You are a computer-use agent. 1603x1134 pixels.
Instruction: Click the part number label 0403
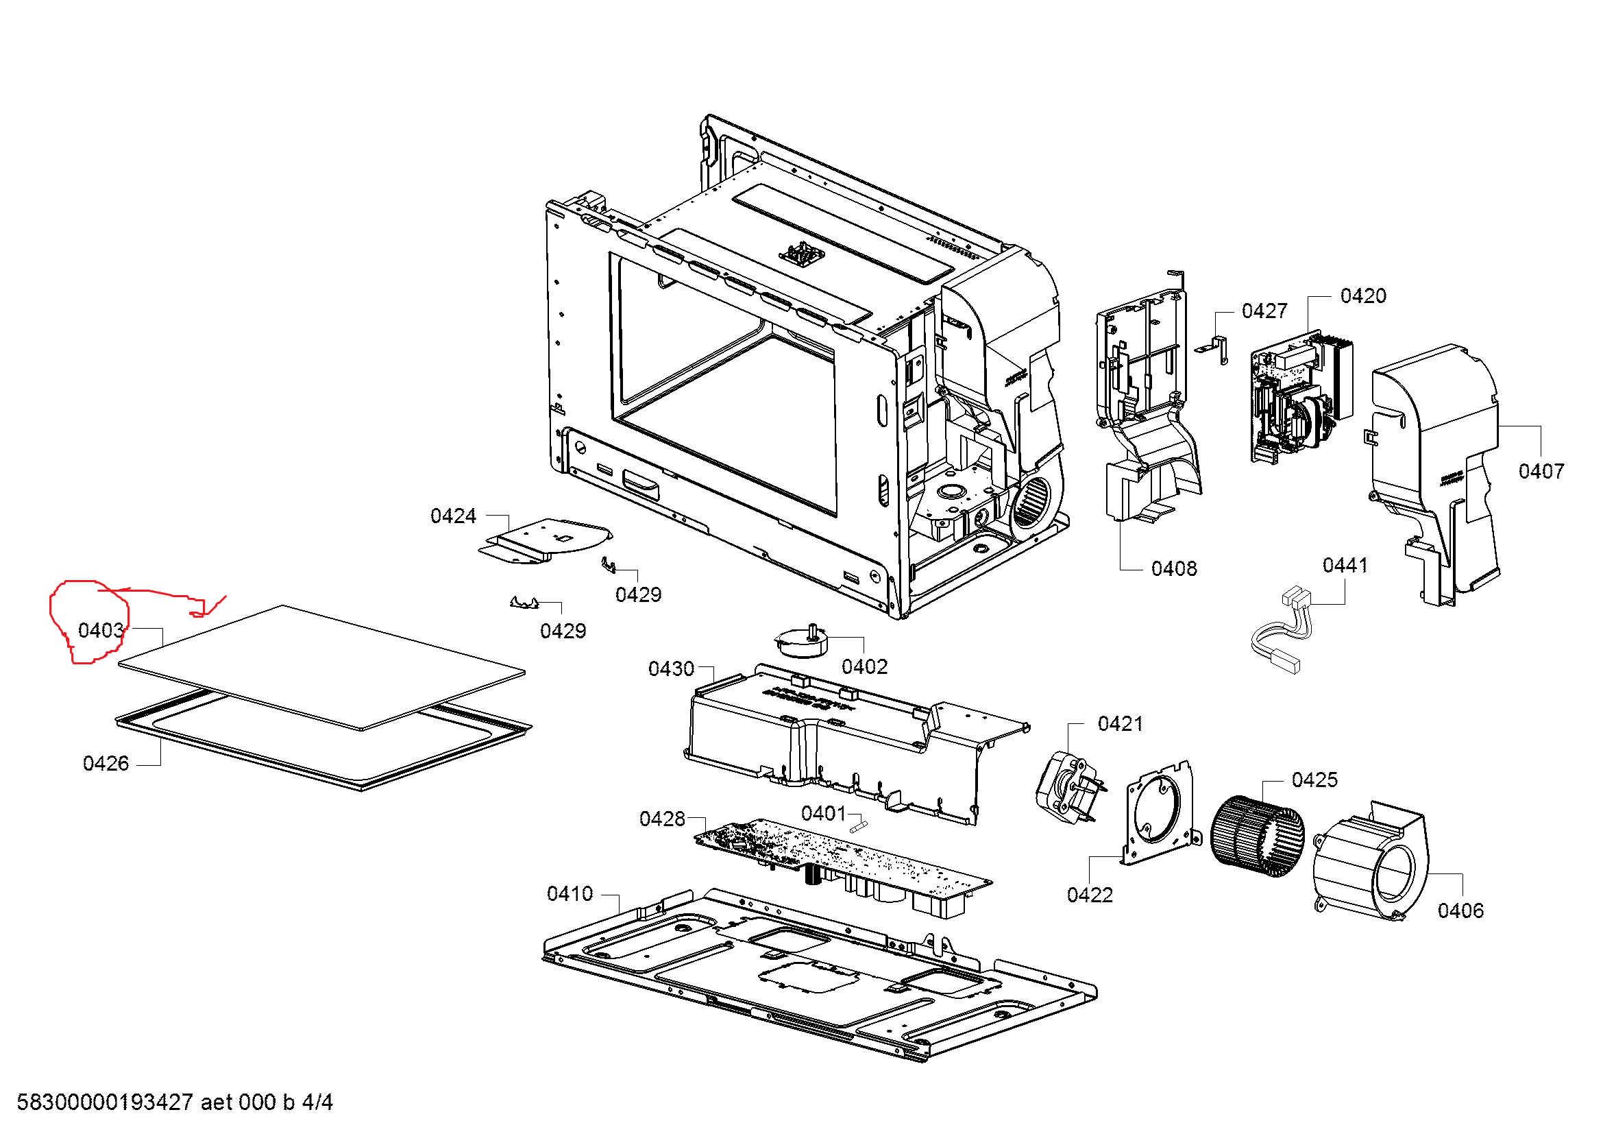pyautogui.click(x=101, y=631)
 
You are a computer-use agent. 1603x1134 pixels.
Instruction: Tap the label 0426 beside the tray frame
pyautogui.click(x=106, y=763)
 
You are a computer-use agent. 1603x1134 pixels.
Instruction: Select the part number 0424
pyautogui.click(x=453, y=516)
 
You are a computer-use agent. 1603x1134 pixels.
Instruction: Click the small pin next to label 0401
pyautogui.click(x=859, y=827)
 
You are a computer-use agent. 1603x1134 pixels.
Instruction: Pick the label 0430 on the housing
pyautogui.click(x=671, y=669)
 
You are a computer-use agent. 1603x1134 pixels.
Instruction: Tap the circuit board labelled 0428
pyautogui.click(x=837, y=859)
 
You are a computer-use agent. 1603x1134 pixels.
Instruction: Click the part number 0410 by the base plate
pyautogui.click(x=570, y=894)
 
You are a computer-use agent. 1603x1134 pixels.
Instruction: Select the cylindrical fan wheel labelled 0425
pyautogui.click(x=1257, y=836)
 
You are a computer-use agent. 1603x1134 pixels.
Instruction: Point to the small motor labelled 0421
pyautogui.click(x=1067, y=788)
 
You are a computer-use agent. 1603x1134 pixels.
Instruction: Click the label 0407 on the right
pyautogui.click(x=1541, y=471)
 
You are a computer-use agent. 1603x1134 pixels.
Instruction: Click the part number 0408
pyautogui.click(x=1173, y=569)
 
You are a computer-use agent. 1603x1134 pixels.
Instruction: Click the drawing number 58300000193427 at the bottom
pyautogui.click(x=105, y=1102)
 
